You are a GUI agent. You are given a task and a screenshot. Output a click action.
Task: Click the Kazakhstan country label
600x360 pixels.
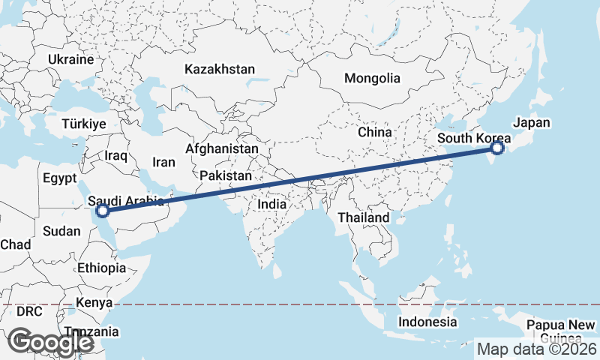tap(219, 69)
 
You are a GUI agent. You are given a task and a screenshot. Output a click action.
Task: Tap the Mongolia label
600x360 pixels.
tap(372, 78)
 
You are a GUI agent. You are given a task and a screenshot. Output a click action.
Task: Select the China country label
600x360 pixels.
tap(375, 132)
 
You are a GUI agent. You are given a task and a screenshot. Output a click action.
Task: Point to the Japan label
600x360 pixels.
tap(531, 123)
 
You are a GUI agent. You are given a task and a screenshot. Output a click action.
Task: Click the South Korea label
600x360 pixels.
tap(473, 138)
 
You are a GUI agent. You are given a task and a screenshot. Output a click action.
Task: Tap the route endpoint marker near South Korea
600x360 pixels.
tap(496, 148)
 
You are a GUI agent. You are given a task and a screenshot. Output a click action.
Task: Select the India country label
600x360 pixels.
tap(272, 204)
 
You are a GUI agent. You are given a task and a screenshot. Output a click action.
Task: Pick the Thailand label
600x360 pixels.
tap(364, 217)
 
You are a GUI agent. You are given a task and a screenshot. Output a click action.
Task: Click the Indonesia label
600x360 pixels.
tap(427, 322)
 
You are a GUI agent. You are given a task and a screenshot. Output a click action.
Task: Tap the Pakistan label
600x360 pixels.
tap(225, 175)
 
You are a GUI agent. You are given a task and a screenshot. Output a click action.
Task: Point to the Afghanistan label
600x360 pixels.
tap(222, 148)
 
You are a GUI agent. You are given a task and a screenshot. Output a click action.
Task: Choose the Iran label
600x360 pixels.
tap(163, 162)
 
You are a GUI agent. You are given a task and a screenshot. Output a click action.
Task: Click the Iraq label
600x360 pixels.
tap(117, 155)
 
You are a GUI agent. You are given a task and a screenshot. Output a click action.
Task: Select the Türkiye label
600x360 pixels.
tap(85, 124)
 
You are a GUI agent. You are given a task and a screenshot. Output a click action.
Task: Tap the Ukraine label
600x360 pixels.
tap(70, 59)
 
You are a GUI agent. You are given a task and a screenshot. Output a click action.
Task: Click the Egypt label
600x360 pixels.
tap(60, 178)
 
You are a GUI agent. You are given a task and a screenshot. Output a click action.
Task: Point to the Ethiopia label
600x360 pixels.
tap(101, 268)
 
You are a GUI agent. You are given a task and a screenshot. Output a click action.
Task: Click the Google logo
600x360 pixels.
tap(51, 342)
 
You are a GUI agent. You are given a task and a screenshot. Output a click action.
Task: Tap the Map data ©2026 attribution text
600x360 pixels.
tap(537, 349)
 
